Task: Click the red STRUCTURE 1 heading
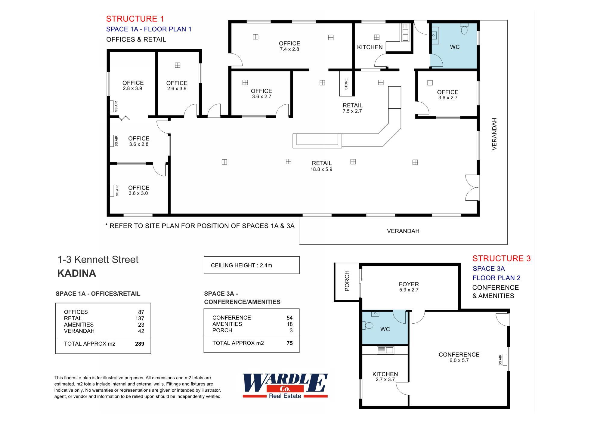135,19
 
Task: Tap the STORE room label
346,84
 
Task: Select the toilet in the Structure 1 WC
464,30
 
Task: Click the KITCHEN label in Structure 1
370,47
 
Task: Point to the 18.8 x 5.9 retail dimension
321,169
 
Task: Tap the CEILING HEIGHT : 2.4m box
252,265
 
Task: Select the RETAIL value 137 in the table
140,319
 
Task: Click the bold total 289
140,344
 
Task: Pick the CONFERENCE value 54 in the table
289,318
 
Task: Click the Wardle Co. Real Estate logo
285,386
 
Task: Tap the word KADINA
77,273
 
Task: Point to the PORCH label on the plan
347,281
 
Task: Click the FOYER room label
409,284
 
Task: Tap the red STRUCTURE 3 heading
501,258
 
